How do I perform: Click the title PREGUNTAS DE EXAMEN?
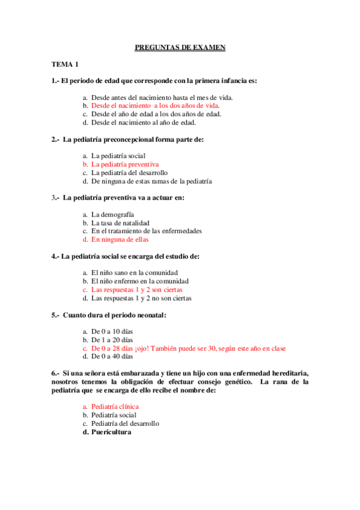(180, 48)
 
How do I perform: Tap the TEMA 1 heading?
(65, 64)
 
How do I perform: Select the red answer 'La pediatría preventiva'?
(125, 164)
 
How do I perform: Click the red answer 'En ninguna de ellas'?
(120, 239)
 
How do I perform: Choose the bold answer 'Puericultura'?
(111, 432)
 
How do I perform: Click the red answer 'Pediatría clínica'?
(115, 407)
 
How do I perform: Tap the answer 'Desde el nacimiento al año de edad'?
(144, 122)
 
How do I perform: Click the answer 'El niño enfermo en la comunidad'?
(139, 281)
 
